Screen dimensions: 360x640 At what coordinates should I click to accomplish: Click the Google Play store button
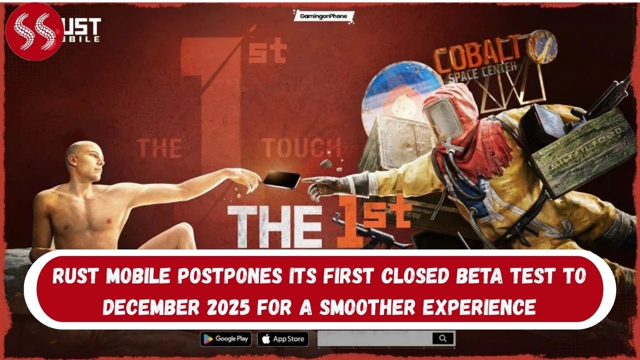tap(226, 338)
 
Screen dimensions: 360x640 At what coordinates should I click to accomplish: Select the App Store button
tap(283, 338)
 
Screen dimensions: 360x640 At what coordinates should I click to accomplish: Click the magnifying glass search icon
tap(442, 338)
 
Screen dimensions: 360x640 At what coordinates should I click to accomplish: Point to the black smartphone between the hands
tap(282, 179)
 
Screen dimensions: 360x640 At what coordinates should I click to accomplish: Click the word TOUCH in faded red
tap(303, 148)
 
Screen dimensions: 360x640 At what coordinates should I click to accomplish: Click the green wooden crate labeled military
tap(575, 150)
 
